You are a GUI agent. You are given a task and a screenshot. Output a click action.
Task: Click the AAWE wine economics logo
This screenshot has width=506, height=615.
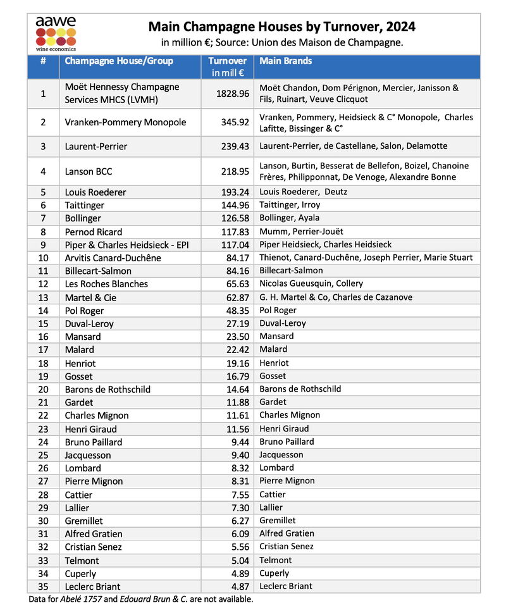tap(56, 34)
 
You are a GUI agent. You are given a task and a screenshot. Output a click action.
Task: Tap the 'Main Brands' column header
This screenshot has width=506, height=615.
tap(285, 61)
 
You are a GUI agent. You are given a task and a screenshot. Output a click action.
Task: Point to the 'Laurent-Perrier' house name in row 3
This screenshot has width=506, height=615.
tap(96, 146)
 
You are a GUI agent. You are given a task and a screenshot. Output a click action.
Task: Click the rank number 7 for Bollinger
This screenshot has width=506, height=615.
tap(43, 218)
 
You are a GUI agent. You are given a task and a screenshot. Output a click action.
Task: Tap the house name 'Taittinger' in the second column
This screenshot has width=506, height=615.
tap(85, 205)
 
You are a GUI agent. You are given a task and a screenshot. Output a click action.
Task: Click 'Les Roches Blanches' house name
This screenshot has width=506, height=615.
tap(106, 284)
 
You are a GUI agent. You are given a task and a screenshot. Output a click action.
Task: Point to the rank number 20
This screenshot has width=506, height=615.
tap(43, 389)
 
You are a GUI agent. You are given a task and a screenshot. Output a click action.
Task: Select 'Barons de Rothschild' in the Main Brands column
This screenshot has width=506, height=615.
tap(300, 389)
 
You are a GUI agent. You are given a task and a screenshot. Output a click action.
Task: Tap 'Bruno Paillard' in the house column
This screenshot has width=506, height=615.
tap(94, 442)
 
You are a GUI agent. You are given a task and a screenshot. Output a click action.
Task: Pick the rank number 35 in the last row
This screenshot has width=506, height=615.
tap(43, 587)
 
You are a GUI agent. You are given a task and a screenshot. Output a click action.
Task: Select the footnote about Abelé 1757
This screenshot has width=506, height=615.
tap(141, 599)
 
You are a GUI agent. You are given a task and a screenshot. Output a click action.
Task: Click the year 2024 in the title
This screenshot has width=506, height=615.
tap(400, 27)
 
